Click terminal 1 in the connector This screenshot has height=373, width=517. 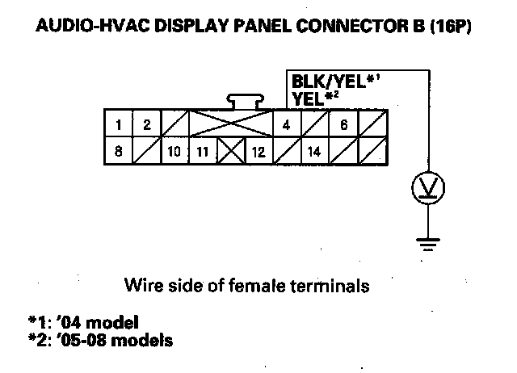click(x=120, y=125)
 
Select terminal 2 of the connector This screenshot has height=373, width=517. click(x=147, y=125)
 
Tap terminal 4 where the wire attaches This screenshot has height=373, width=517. click(x=287, y=125)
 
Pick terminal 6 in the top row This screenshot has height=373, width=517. click(x=343, y=125)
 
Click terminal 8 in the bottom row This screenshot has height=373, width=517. click(x=120, y=151)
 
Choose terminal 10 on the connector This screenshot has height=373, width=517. click(x=174, y=151)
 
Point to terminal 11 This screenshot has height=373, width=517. click(x=203, y=151)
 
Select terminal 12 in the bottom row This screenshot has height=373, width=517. click(x=258, y=151)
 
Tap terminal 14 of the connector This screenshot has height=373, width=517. click(x=315, y=151)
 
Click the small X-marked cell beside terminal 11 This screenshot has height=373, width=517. click(x=231, y=151)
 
